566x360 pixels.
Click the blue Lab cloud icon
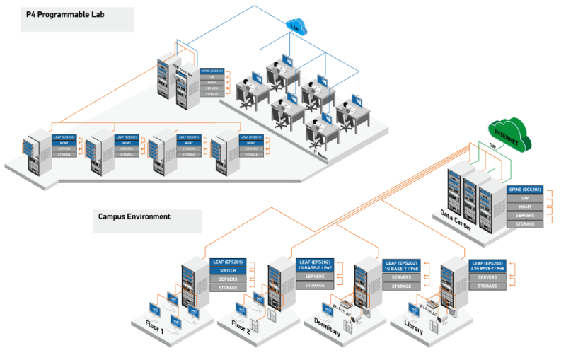tap(296, 27)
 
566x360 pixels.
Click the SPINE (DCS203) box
tap(525, 190)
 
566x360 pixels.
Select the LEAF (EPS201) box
tap(228, 262)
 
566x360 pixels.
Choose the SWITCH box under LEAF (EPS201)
tap(228, 270)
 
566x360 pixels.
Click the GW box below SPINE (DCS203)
tap(525, 199)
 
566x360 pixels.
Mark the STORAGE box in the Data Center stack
tap(525, 223)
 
